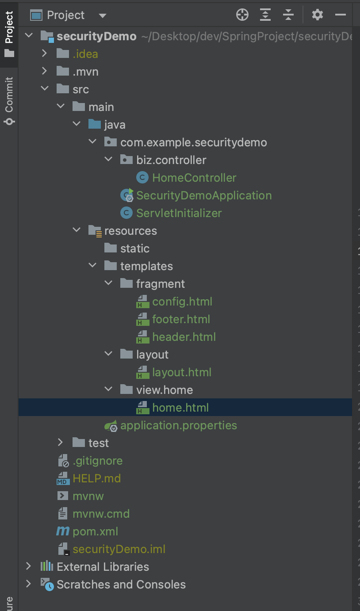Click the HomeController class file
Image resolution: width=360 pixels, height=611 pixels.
(x=194, y=178)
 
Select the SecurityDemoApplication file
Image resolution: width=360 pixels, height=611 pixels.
(x=204, y=195)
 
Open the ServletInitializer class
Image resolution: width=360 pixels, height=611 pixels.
(x=179, y=213)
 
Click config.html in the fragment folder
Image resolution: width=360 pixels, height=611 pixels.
(x=182, y=302)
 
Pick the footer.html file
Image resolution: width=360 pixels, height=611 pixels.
(x=181, y=319)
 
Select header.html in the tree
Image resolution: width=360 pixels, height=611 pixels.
(x=184, y=337)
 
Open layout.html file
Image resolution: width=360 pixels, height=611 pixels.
(x=182, y=372)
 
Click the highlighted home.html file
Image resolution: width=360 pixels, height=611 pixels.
(x=180, y=408)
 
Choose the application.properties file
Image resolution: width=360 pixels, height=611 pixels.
(x=179, y=425)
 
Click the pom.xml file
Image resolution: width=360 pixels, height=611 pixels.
(x=95, y=531)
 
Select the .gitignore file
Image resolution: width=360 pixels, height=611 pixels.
(x=97, y=461)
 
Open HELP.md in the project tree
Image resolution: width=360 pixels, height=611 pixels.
(x=96, y=478)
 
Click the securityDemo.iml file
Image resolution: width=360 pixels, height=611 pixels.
(x=119, y=549)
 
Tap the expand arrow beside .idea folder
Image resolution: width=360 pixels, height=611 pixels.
(x=44, y=54)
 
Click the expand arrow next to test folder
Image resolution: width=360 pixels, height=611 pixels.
(x=60, y=443)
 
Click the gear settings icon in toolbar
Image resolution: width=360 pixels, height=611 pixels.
(x=317, y=15)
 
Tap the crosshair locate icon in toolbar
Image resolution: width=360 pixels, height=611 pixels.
(x=242, y=15)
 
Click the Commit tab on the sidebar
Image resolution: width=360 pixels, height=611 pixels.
(x=9, y=101)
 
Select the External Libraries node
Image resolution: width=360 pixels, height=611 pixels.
(x=103, y=567)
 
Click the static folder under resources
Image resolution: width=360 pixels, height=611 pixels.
(x=135, y=248)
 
